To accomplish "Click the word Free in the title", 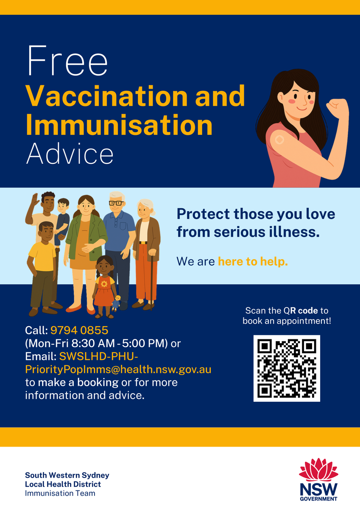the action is tap(67, 61).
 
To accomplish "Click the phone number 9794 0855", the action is tap(79, 330).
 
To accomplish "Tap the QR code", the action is tap(287, 368).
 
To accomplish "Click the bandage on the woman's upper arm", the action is tap(279, 140).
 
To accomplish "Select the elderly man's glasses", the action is tap(116, 203).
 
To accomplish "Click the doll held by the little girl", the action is tap(116, 303).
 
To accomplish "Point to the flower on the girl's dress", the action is tap(104, 284).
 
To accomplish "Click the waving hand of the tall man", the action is tap(35, 199).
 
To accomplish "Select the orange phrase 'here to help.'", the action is tap(253, 262).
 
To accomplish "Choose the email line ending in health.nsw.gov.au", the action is tap(118, 370).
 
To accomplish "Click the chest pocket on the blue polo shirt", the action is tap(123, 227).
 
